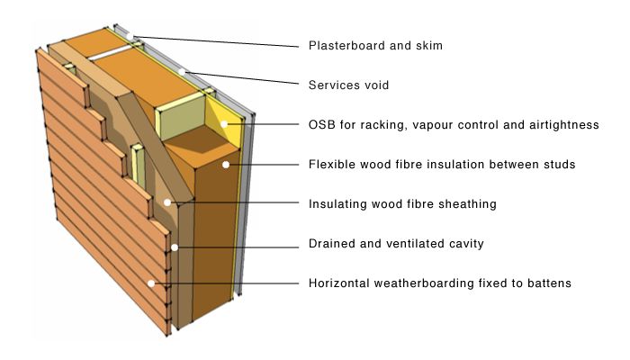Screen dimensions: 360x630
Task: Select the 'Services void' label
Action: click(347, 85)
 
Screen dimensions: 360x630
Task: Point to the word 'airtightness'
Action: click(562, 125)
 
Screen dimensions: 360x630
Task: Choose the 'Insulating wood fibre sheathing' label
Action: click(402, 204)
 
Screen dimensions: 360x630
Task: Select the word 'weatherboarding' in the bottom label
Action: click(422, 283)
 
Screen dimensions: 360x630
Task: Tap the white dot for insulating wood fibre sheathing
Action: click(168, 203)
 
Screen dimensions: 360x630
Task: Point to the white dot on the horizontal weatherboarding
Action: click(152, 284)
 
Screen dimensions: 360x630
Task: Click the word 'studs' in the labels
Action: click(557, 165)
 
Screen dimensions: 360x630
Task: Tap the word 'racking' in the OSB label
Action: click(380, 125)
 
